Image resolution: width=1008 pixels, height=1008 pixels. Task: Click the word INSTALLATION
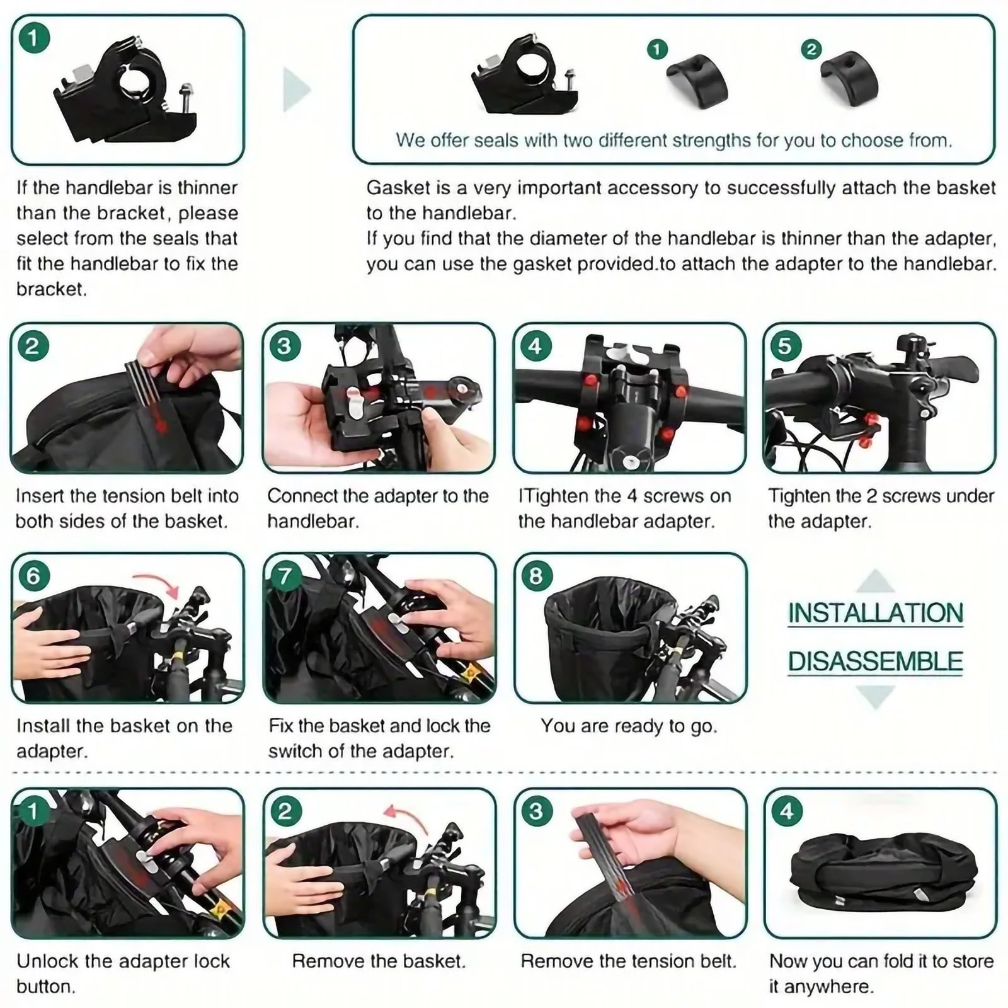[876, 613]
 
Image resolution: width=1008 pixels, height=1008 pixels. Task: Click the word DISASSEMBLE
[876, 661]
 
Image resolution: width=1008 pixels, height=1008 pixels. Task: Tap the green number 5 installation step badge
[785, 346]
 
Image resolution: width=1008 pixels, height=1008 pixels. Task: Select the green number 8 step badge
[535, 576]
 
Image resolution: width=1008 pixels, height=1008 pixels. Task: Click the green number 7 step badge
[285, 576]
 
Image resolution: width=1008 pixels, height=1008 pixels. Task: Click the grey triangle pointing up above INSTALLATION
[876, 580]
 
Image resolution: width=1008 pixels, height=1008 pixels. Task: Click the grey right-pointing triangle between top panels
[296, 89]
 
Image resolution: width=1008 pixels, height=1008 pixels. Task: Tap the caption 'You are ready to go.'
[629, 726]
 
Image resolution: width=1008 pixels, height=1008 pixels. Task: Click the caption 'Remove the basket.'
[379, 961]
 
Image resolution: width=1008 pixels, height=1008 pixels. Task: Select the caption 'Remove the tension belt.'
[629, 961]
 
